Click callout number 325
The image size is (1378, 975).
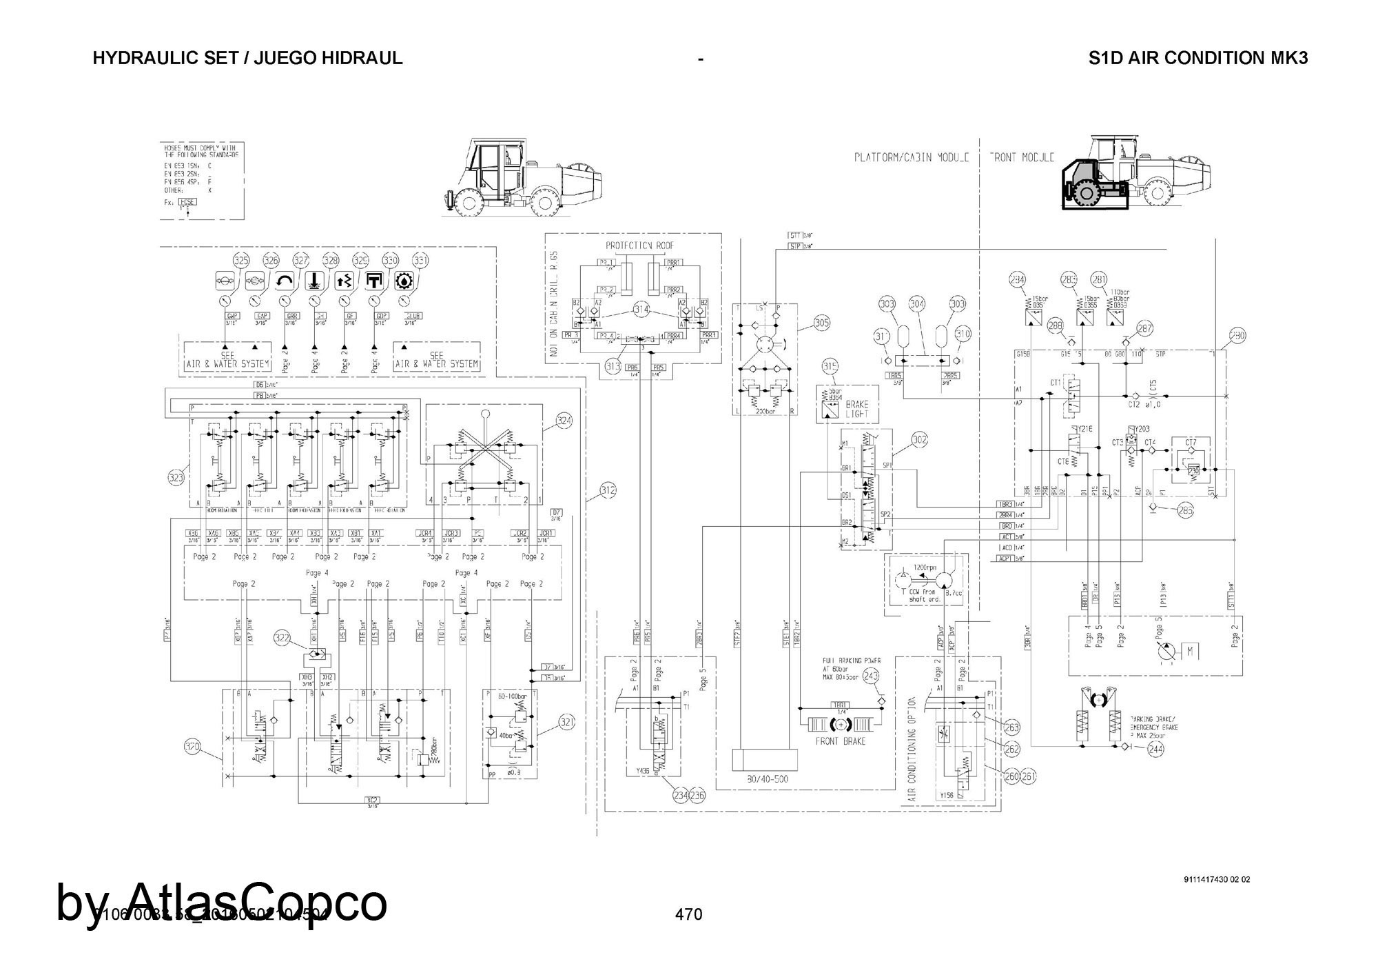[240, 261]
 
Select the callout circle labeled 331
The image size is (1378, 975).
[420, 261]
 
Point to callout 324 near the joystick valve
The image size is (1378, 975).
[564, 421]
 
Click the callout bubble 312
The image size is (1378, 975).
[608, 491]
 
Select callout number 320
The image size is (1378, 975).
[192, 746]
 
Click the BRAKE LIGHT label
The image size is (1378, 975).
[857, 409]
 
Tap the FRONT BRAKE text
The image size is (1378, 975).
[840, 741]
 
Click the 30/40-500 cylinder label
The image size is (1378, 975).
[762, 779]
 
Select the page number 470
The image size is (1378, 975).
[688, 914]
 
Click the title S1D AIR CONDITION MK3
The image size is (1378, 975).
[1197, 58]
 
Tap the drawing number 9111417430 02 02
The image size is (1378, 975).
[1216, 879]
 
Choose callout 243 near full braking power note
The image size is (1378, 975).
[872, 676]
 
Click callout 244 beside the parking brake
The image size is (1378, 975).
[1155, 750]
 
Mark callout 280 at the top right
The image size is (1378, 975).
[1237, 336]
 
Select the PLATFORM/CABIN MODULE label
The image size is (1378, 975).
[912, 157]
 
